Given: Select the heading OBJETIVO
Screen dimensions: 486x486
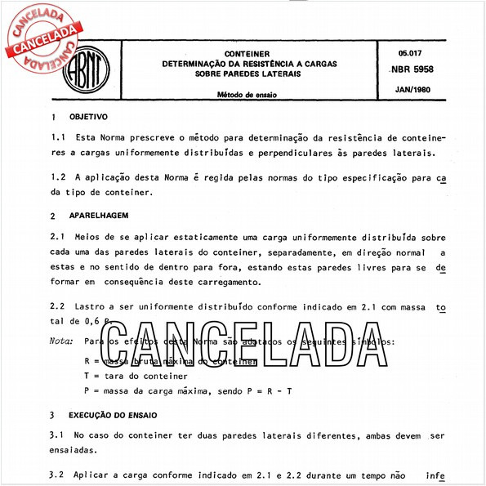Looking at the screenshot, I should click(87, 118).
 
